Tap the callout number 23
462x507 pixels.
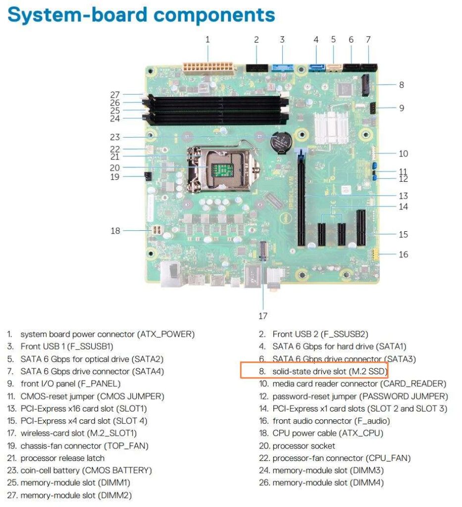(115, 137)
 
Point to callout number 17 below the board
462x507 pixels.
(262, 316)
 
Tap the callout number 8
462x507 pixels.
(402, 85)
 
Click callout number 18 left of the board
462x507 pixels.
(115, 230)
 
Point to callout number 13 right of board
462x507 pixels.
(404, 196)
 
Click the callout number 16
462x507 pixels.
(404, 254)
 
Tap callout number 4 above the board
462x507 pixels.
(316, 39)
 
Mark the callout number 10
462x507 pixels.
(404, 153)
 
